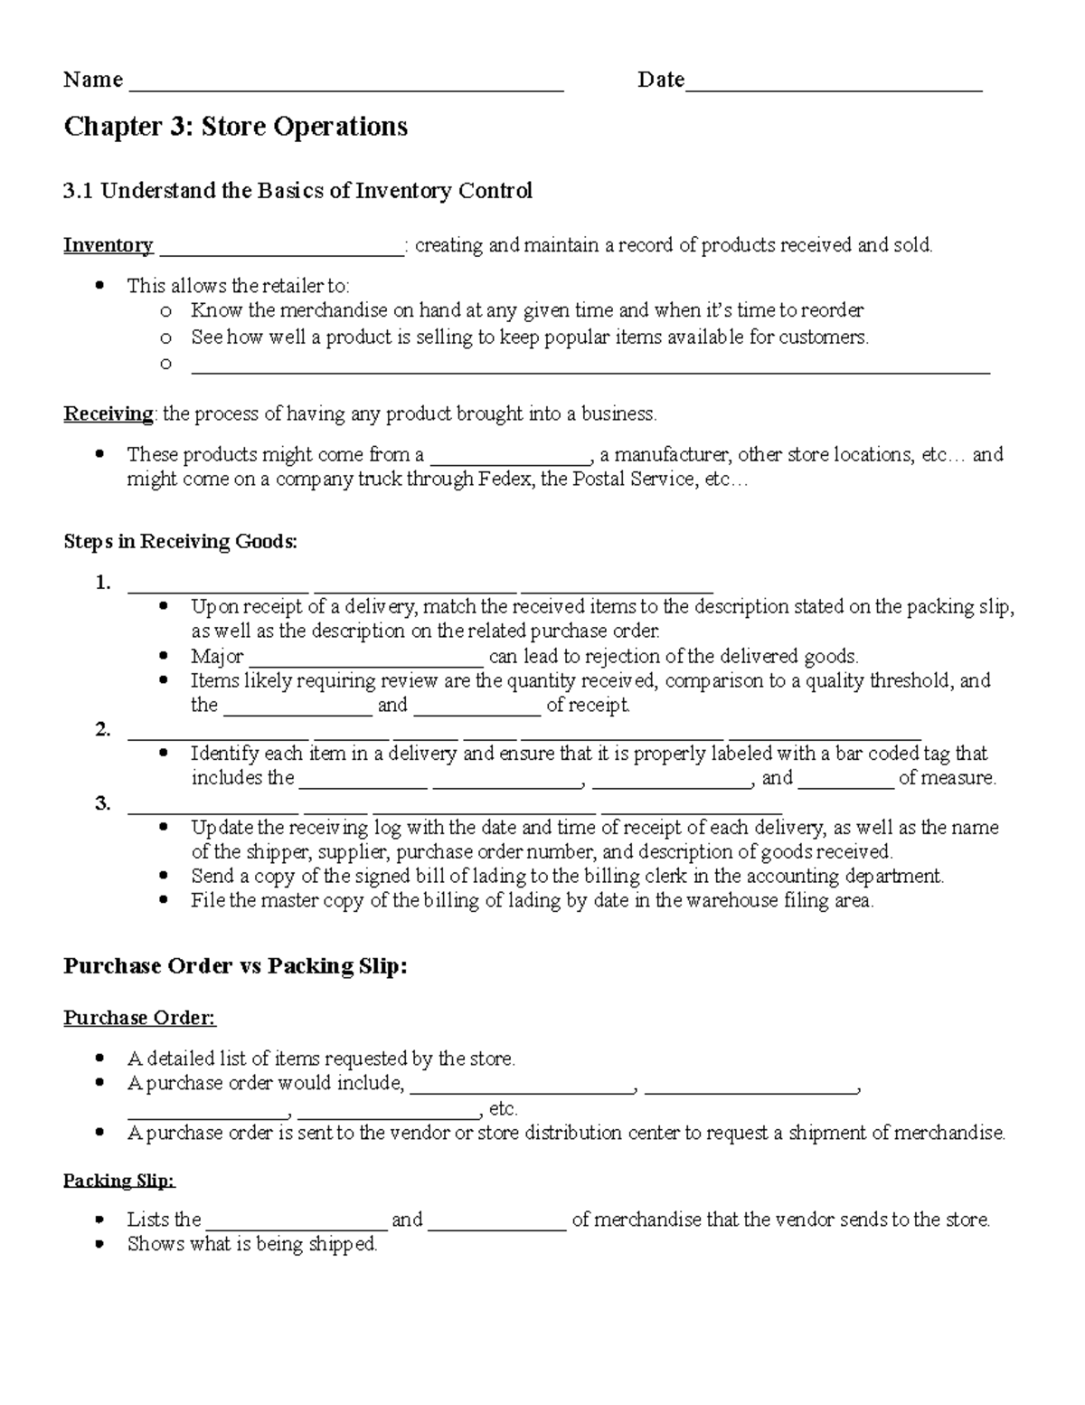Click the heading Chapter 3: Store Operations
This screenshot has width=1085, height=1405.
click(x=235, y=127)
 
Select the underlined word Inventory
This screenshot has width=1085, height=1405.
click(x=108, y=245)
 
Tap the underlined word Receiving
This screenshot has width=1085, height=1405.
click(x=108, y=414)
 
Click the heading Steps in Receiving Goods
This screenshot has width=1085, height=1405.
click(x=180, y=542)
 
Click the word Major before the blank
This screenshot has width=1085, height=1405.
click(x=217, y=657)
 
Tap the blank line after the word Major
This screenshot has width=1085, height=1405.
click(x=365, y=661)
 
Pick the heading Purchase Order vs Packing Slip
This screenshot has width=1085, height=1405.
click(x=235, y=966)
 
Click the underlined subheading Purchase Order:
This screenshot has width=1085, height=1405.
click(x=139, y=1019)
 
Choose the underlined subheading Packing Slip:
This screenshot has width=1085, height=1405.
click(x=118, y=1181)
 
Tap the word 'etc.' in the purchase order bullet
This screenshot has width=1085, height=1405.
click(x=503, y=1109)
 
